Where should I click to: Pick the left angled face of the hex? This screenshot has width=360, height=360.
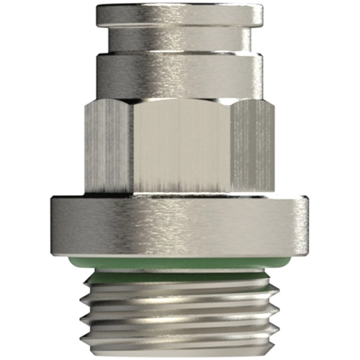(x=108, y=148)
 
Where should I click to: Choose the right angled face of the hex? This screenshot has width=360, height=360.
(x=252, y=148)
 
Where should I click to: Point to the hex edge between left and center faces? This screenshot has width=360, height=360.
(x=134, y=148)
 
